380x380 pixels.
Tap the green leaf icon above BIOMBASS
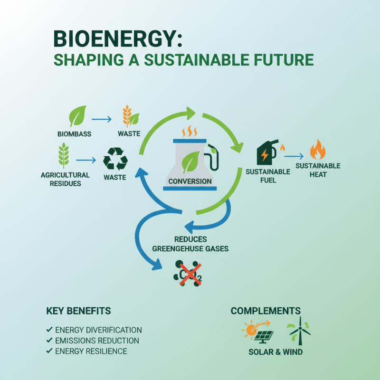coord(78,115)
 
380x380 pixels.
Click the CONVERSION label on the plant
coord(190,181)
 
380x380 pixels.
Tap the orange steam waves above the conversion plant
coord(190,131)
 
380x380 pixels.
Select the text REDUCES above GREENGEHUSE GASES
coord(190,239)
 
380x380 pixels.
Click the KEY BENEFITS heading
coord(78,311)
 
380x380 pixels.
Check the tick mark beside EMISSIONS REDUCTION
coord(49,341)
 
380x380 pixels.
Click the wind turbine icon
coord(298,332)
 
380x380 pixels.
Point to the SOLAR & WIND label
coord(275,352)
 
